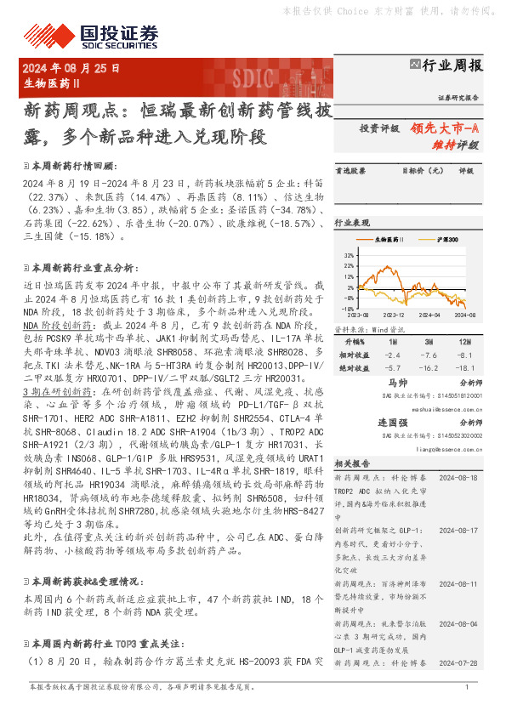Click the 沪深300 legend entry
tap(446, 241)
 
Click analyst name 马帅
tap(387, 384)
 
